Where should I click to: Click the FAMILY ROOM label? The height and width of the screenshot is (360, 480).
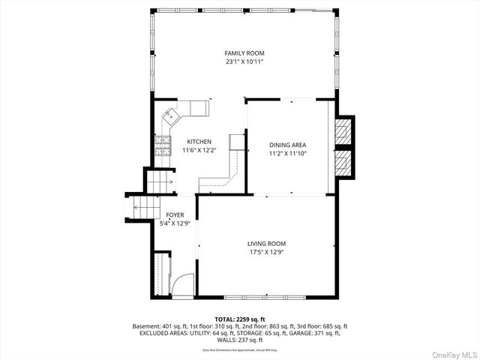(244, 53)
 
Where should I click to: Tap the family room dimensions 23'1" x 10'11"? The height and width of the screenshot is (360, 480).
(244, 62)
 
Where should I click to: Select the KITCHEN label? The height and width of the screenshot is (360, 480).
(199, 142)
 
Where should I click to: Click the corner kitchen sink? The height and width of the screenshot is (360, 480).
(172, 115)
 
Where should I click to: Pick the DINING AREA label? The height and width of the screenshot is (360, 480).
(288, 145)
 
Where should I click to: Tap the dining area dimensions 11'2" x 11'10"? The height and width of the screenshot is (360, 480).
(288, 154)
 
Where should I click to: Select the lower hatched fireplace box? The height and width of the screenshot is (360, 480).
(343, 163)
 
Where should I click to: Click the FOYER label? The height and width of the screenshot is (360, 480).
(175, 214)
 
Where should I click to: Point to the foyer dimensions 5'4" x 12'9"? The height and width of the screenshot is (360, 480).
(175, 223)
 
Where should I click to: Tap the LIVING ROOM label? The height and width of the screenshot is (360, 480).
(267, 243)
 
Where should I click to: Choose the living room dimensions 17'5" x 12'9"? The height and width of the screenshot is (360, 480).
(267, 252)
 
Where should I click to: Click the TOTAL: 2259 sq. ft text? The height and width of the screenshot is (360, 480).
(239, 319)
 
